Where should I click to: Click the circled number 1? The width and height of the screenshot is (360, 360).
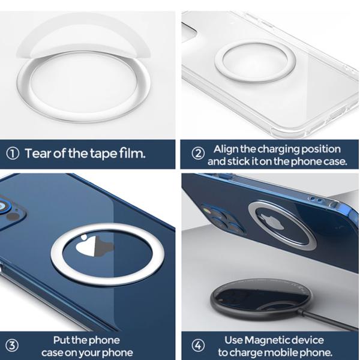[12, 154]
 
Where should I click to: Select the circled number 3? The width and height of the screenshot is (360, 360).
[12, 346]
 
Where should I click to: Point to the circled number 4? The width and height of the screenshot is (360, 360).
[199, 346]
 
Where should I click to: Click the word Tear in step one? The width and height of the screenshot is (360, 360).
[37, 153]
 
